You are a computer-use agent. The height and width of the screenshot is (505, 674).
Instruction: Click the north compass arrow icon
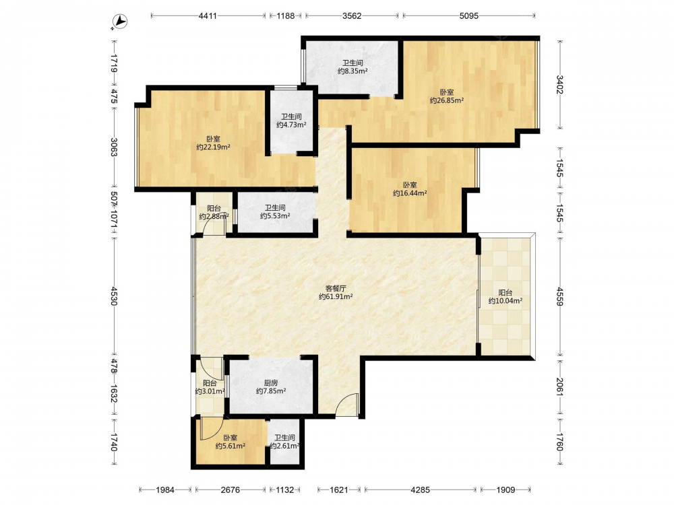coord(120,22)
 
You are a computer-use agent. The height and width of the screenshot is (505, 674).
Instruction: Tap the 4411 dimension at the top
coord(208,16)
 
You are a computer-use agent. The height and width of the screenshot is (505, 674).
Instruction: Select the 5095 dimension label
coord(468,16)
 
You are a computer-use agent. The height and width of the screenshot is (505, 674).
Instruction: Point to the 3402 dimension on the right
coord(559,85)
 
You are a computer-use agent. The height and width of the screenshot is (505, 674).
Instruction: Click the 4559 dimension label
coord(559,296)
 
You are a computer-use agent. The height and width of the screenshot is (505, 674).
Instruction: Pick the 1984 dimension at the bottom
coord(165,490)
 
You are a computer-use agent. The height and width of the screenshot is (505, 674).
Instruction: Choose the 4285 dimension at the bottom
coord(420,490)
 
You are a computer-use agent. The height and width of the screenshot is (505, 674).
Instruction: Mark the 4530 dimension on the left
coord(114,296)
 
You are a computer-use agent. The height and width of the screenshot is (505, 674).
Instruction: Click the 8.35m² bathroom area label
coord(353,71)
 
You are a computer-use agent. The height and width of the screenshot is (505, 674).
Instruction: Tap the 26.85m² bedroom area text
coord(447,100)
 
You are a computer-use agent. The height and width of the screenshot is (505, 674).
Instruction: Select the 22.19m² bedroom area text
coord(213,147)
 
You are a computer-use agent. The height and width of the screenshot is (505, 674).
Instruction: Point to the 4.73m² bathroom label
coord(291,125)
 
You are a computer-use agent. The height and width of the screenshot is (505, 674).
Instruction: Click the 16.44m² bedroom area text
coord(410,193)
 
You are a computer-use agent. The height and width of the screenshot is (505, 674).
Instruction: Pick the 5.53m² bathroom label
coord(275,216)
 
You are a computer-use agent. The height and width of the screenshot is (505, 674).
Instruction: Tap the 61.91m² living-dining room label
coord(336,296)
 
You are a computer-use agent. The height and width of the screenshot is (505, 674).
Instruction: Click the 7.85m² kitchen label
coord(271,391)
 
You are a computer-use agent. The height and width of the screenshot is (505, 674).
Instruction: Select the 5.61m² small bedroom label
coord(231,446)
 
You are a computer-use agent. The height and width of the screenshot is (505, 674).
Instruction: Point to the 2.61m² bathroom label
coord(284,446)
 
